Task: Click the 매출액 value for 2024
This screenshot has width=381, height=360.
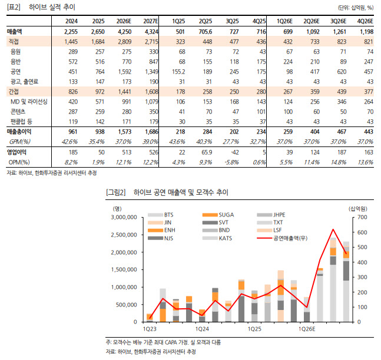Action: click(71, 31)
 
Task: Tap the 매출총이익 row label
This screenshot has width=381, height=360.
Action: click(22, 132)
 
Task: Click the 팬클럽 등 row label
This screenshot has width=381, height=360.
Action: click(21, 122)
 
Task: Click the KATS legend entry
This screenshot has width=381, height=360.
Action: click(227, 238)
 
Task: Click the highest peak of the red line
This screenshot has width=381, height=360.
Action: click(333, 229)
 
